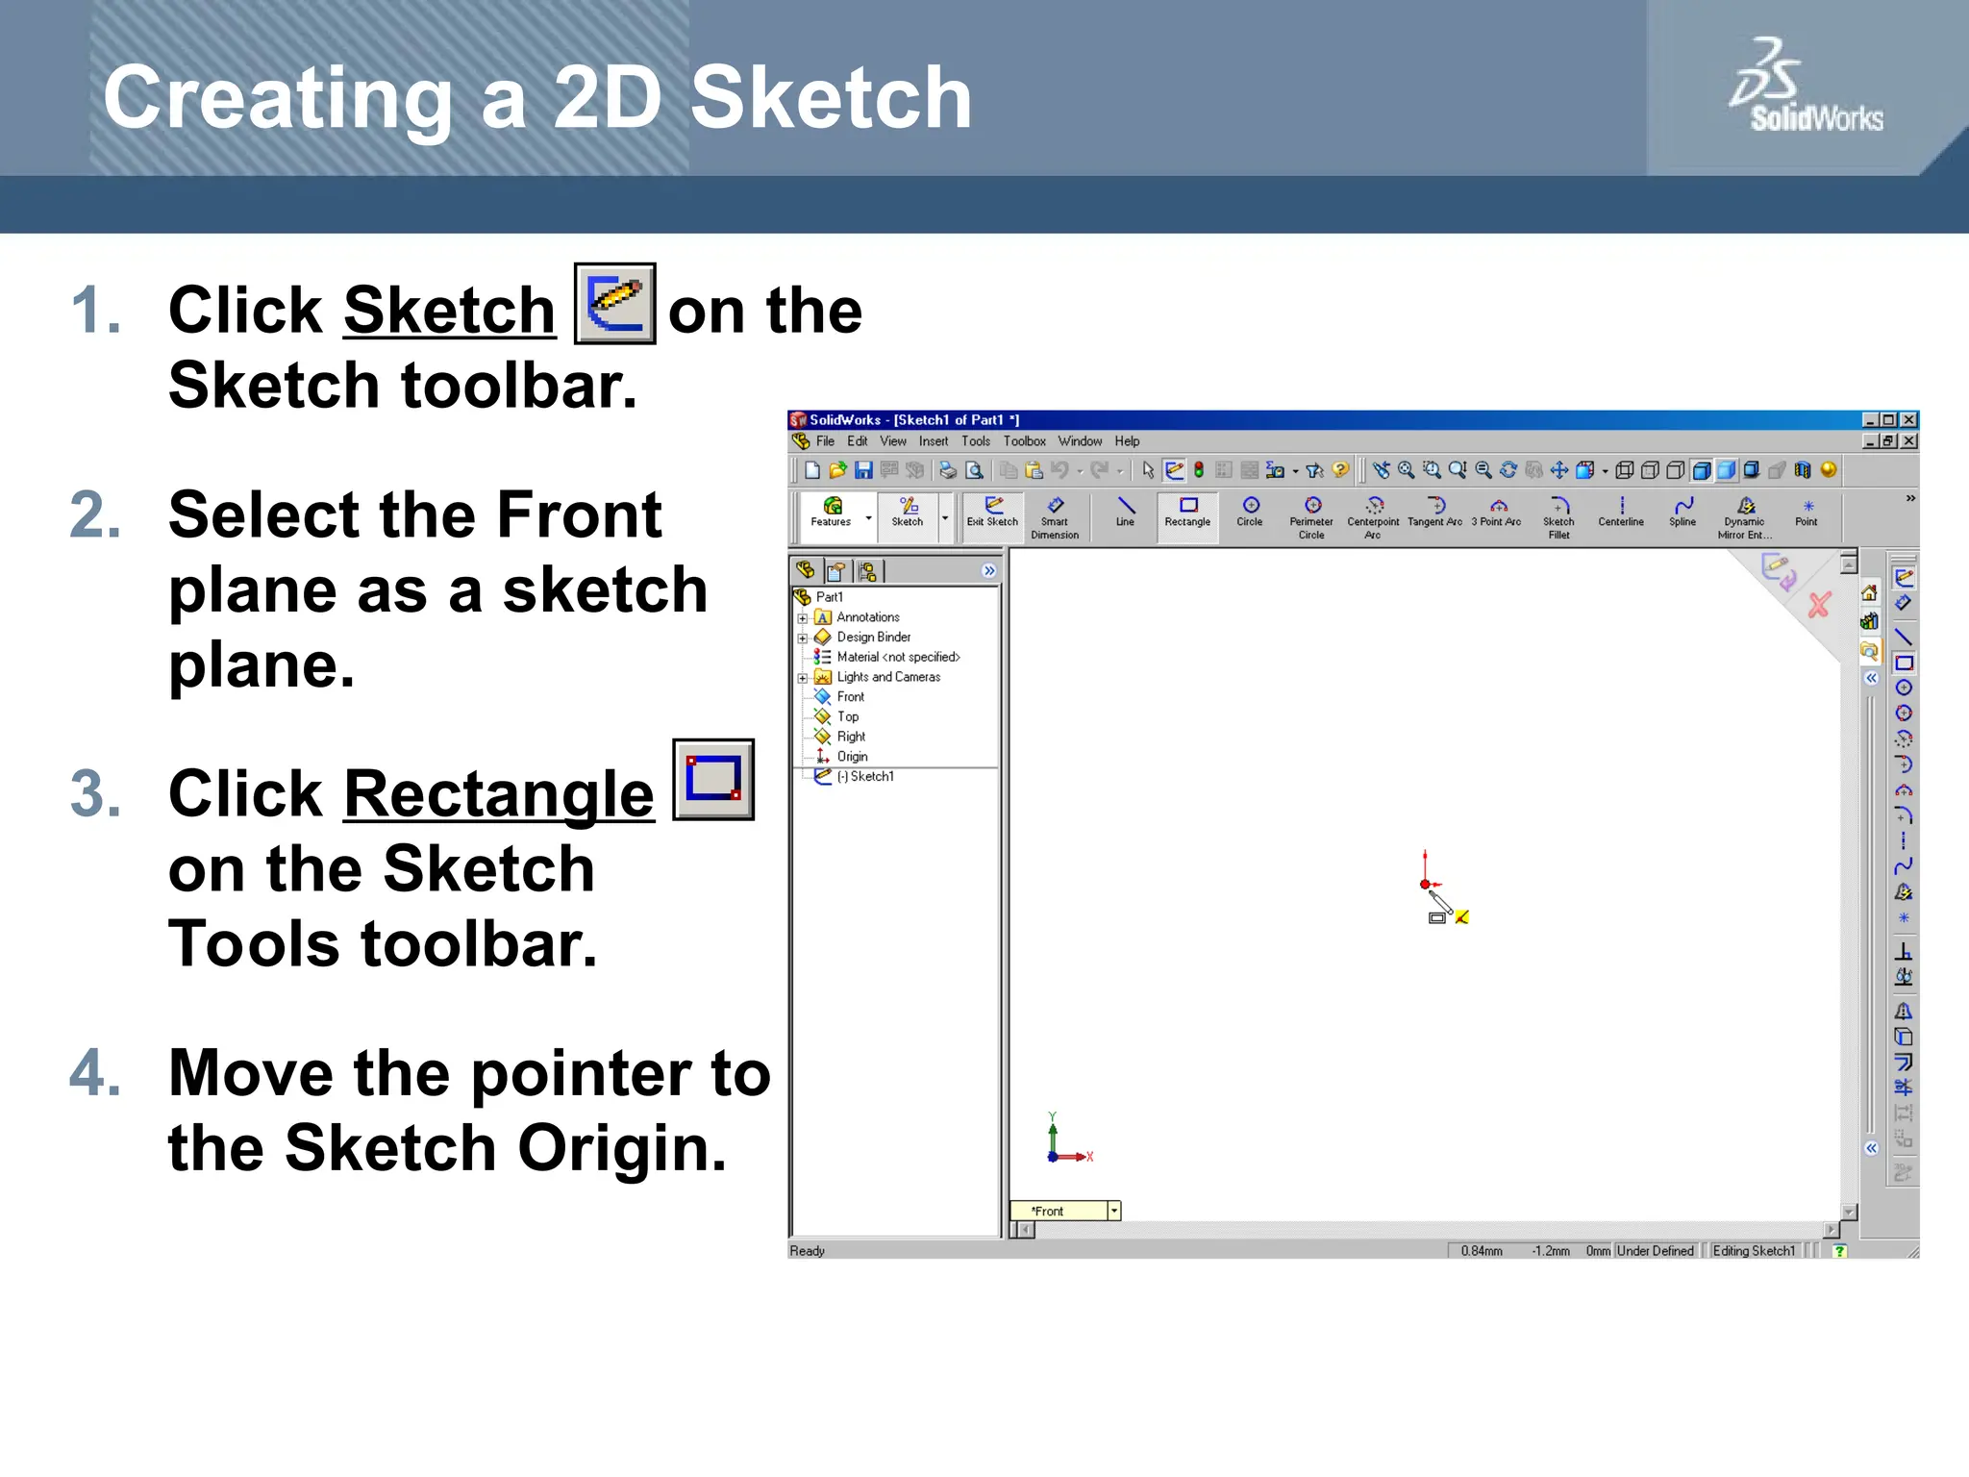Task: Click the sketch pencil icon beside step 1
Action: pyautogui.click(x=615, y=304)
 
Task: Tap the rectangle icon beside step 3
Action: pyautogui.click(x=713, y=779)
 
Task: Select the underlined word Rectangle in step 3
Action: pyautogui.click(x=498, y=794)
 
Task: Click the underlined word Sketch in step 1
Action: pyautogui.click(x=449, y=311)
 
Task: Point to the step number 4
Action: pyautogui.click(x=95, y=1072)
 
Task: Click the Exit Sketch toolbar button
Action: pyautogui.click(x=992, y=512)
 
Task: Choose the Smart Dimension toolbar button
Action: pyautogui.click(x=1055, y=517)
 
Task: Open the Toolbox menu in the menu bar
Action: pyautogui.click(x=1024, y=441)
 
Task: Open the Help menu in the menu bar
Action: pyautogui.click(x=1127, y=441)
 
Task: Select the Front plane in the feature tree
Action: pyautogui.click(x=850, y=697)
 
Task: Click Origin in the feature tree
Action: pyautogui.click(x=852, y=757)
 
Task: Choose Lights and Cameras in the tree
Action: pyautogui.click(x=887, y=677)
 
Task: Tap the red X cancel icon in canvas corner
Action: pyautogui.click(x=1819, y=605)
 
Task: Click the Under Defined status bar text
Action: pyautogui.click(x=1655, y=1251)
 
